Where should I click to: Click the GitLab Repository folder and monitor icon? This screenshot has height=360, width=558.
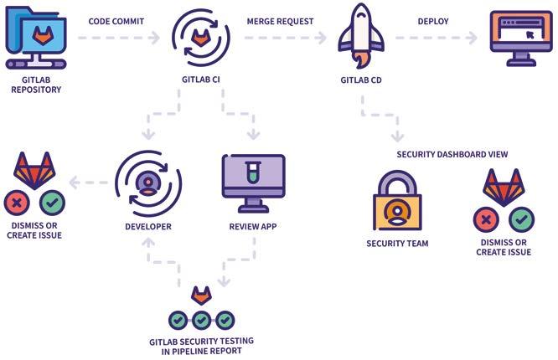pos(35,39)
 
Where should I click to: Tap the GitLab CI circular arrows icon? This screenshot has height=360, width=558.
pos(200,38)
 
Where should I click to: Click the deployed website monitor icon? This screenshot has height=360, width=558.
pos(520,37)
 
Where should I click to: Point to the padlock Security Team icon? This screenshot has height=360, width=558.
pos(396,201)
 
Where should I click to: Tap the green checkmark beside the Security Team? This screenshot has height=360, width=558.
pos(522,220)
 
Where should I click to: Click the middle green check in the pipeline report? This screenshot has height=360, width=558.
pos(201,320)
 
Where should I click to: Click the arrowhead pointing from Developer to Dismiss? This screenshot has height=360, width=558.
pos(74,183)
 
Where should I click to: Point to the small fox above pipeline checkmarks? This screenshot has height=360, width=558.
pos(201,296)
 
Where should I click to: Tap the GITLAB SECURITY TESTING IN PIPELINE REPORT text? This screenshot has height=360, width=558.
pos(201,345)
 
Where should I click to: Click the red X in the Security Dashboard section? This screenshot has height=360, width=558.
pos(485,220)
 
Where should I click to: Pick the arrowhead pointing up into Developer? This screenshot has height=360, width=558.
pos(147,241)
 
